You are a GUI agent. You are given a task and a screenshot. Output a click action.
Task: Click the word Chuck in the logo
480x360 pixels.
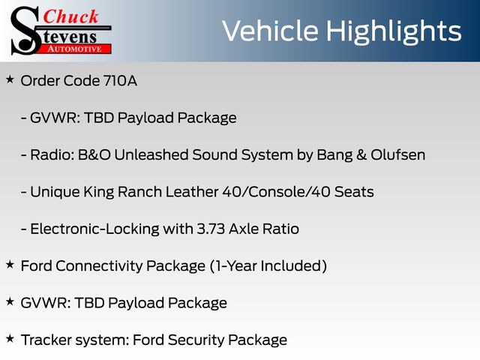click(x=70, y=16)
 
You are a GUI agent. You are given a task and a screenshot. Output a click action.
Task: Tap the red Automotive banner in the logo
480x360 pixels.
click(x=75, y=49)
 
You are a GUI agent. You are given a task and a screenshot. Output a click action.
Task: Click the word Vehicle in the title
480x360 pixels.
click(x=270, y=31)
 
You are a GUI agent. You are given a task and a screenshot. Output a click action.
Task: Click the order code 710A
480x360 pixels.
click(x=120, y=81)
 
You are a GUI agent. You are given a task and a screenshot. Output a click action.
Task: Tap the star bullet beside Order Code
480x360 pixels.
click(x=10, y=79)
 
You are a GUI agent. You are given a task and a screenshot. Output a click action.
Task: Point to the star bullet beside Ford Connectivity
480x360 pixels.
click(x=10, y=265)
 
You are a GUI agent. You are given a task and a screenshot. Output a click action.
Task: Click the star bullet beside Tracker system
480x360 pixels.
click(x=10, y=338)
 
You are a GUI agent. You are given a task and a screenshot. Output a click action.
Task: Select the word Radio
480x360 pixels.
click(x=52, y=154)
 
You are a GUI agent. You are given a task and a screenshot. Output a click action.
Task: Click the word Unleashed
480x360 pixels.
click(x=151, y=154)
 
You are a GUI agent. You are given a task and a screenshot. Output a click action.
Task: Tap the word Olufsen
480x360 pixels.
click(x=398, y=154)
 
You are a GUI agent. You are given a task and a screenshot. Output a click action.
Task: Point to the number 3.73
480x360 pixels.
click(x=211, y=229)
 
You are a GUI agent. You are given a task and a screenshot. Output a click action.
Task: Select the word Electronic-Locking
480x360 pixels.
click(x=94, y=229)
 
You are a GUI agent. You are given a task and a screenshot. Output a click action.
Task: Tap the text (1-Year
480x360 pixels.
click(x=233, y=265)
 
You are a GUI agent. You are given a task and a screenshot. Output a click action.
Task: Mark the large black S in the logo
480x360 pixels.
click(x=25, y=31)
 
